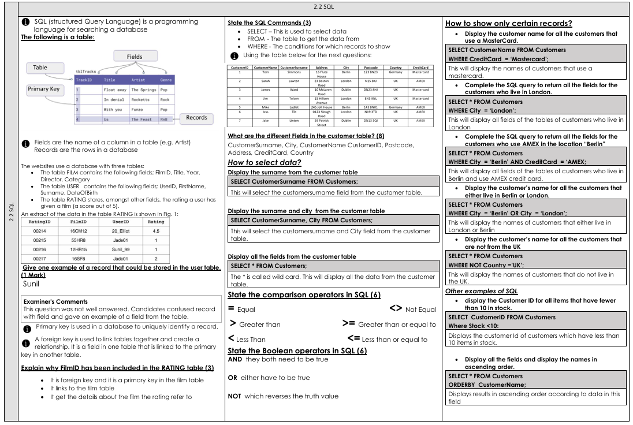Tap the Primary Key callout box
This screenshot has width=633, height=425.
tap(43, 90)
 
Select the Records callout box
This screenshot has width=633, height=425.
tap(196, 118)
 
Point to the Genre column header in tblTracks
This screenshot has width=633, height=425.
tap(166, 80)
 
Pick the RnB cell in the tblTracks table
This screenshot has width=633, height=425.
tap(166, 119)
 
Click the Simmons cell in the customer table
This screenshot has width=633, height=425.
tap(293, 72)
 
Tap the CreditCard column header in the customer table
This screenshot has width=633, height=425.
tap(420, 67)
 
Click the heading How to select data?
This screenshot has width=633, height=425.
tap(265, 163)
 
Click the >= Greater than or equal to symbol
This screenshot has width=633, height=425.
tap(348, 324)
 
